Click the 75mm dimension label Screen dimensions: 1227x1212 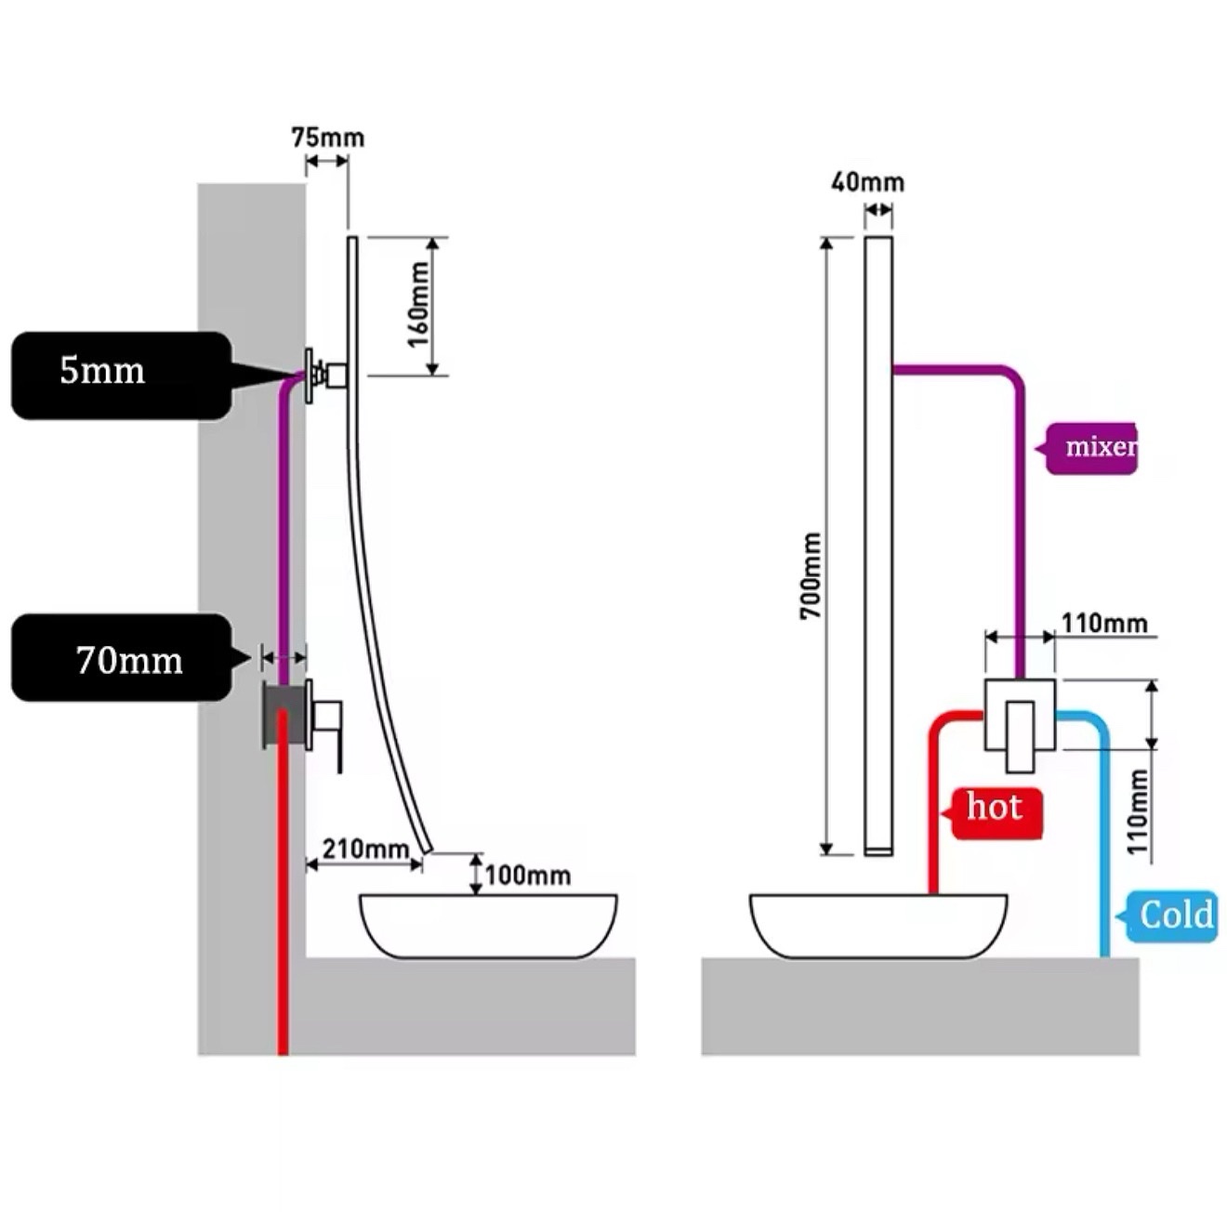pyautogui.click(x=328, y=138)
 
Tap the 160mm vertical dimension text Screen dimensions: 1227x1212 pyautogui.click(x=418, y=305)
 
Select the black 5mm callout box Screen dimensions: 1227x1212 pyautogui.click(x=121, y=375)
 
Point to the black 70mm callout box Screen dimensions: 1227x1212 pyautogui.click(x=121, y=657)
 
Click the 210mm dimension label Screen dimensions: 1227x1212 pyautogui.click(x=365, y=849)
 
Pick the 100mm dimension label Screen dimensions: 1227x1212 pyautogui.click(x=528, y=876)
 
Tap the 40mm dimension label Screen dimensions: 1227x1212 pyautogui.click(x=867, y=183)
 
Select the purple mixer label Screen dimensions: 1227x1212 pyautogui.click(x=1090, y=448)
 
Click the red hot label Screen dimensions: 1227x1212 pyautogui.click(x=996, y=813)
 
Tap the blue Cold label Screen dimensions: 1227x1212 pyautogui.click(x=1170, y=916)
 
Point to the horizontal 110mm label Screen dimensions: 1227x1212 pyautogui.click(x=1104, y=623)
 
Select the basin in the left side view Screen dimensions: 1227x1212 pyautogui.click(x=488, y=926)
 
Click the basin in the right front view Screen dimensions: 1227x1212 pyautogui.click(x=878, y=926)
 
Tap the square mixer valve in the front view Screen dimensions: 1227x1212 pyautogui.click(x=1020, y=715)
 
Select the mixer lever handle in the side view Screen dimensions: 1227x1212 pyautogui.click(x=328, y=726)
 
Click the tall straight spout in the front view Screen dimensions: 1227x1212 pyautogui.click(x=878, y=546)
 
